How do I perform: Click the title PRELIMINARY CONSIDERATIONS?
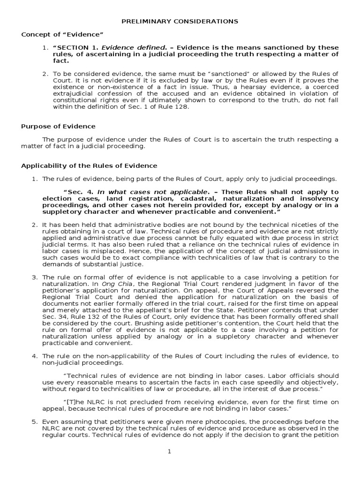[x=180, y=21]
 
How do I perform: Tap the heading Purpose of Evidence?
[x=58, y=126]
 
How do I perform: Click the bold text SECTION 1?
[x=78, y=48]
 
